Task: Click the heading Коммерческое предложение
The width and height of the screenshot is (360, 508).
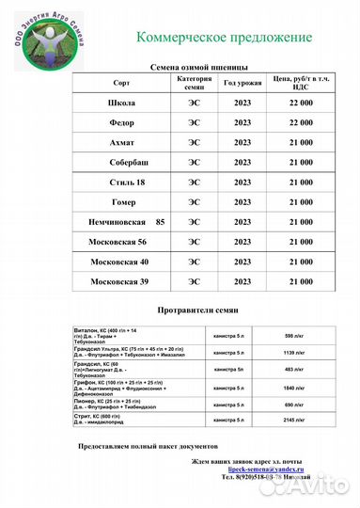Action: [x=224, y=37]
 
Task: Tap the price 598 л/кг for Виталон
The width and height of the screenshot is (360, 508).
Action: [x=295, y=335]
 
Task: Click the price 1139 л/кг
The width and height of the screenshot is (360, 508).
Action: [x=295, y=353]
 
